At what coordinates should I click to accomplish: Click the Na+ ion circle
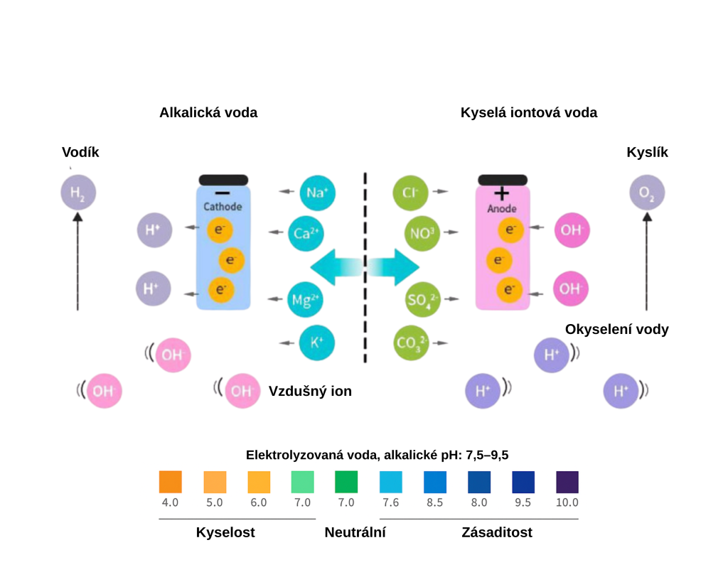click(x=317, y=193)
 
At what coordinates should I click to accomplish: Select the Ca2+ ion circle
click(x=306, y=233)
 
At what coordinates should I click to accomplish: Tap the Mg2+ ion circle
click(x=306, y=300)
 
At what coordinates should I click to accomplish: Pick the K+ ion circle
click(x=317, y=343)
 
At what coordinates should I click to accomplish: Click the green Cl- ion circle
click(x=410, y=193)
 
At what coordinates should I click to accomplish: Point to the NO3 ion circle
click(x=422, y=232)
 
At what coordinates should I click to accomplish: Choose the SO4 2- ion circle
click(x=422, y=299)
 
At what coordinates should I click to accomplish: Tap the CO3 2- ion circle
click(x=411, y=343)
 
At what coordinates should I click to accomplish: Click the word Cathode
click(x=223, y=207)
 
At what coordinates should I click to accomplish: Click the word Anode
click(x=502, y=209)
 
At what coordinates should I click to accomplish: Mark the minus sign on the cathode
click(x=223, y=193)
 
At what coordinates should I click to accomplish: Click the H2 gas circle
click(x=78, y=192)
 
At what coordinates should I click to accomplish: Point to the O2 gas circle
click(x=647, y=192)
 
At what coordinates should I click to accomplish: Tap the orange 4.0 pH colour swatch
click(x=170, y=482)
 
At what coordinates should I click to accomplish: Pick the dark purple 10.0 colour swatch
click(x=567, y=482)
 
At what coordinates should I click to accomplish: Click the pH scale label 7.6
click(x=390, y=502)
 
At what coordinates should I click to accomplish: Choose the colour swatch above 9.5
click(x=523, y=482)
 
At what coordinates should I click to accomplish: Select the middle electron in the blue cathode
click(x=231, y=261)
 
